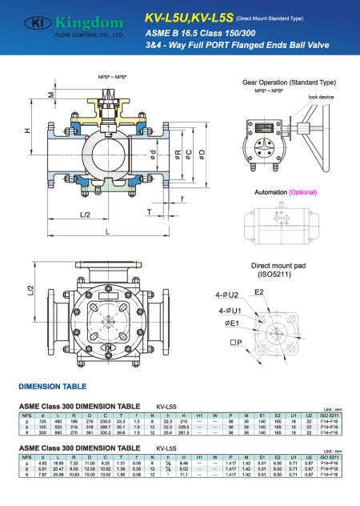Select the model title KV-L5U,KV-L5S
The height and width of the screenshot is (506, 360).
coord(190,16)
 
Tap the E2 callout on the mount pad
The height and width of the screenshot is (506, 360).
coord(260,294)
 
